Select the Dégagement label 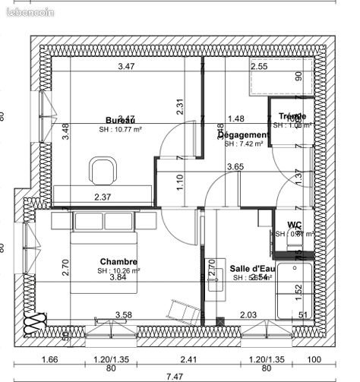pyautogui.click(x=245, y=134)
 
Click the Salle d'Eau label pyautogui.click(x=251, y=268)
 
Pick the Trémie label pyautogui.click(x=292, y=116)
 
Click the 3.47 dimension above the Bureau pyautogui.click(x=128, y=67)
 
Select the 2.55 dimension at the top pyautogui.click(x=259, y=67)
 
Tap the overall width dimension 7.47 pyautogui.click(x=175, y=375)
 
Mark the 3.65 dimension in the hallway pyautogui.click(x=235, y=166)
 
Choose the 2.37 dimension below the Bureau pyautogui.click(x=103, y=197)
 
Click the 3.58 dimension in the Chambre pyautogui.click(x=123, y=314)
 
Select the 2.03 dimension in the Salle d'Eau pyautogui.click(x=248, y=314)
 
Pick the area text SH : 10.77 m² pyautogui.click(x=121, y=130)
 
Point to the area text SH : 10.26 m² pyautogui.click(x=118, y=270)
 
